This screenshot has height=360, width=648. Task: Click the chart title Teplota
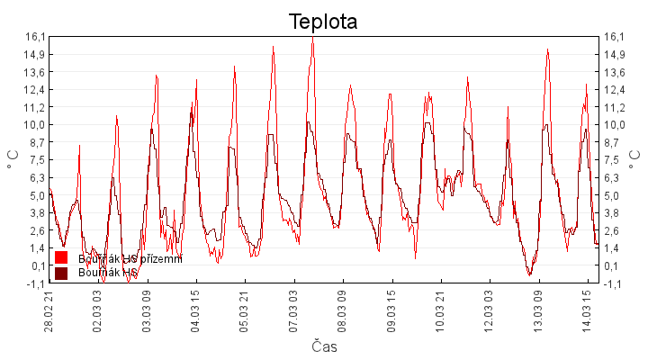323,22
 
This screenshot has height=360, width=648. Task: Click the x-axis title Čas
324,346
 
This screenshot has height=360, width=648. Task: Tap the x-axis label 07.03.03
293,310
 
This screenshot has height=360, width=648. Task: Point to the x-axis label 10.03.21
440,310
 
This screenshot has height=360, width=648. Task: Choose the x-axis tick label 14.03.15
587,310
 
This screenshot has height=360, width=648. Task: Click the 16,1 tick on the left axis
35,37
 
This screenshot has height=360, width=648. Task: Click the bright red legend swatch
61,258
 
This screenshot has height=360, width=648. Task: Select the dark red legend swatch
61,273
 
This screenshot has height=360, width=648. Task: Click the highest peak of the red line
313,39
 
